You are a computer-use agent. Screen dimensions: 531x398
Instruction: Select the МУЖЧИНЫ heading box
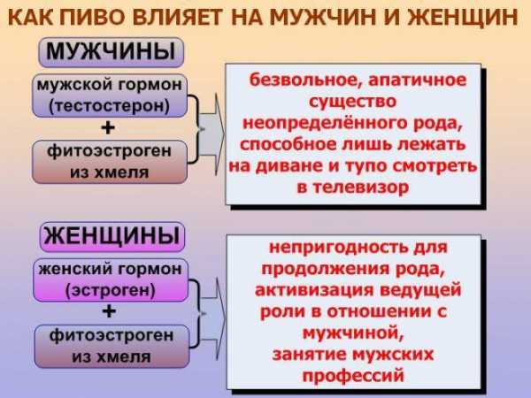pyautogui.click(x=112, y=52)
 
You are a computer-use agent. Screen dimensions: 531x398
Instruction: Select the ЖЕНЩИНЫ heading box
pyautogui.click(x=112, y=236)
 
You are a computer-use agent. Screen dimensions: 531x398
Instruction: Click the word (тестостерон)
pyautogui.click(x=110, y=106)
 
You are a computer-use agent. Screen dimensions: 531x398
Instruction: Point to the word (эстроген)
pyautogui.click(x=111, y=290)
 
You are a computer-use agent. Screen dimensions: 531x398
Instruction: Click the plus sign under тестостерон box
pyautogui.click(x=108, y=128)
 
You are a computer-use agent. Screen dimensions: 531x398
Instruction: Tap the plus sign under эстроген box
pyautogui.click(x=109, y=311)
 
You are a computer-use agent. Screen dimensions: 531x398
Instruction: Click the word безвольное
pyautogui.click(x=306, y=80)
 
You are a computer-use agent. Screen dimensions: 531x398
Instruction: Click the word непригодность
pyautogui.click(x=339, y=248)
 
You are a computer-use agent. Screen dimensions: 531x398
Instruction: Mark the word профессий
pyautogui.click(x=353, y=376)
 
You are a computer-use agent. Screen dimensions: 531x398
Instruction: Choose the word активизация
pyautogui.click(x=314, y=290)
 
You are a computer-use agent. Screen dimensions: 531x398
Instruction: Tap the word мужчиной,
pyautogui.click(x=353, y=333)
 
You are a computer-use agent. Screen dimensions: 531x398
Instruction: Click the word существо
pyautogui.click(x=352, y=102)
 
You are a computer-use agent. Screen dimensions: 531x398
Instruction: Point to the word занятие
pyautogui.click(x=310, y=355)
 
